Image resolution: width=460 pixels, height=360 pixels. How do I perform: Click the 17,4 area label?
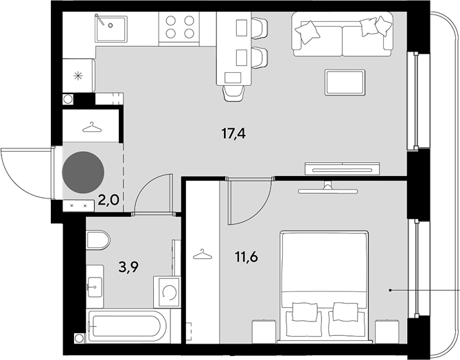[233, 134]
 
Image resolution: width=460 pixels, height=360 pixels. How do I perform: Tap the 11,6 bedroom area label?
[246, 257]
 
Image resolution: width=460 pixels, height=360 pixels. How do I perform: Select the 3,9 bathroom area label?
[128, 267]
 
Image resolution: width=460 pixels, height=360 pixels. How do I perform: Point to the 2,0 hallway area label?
[108, 201]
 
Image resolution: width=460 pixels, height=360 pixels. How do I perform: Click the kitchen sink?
[111, 28]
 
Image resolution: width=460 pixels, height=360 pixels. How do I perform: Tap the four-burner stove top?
[179, 29]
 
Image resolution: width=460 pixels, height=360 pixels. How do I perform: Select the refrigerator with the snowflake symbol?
[79, 76]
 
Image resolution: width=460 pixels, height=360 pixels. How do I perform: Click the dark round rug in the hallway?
[83, 172]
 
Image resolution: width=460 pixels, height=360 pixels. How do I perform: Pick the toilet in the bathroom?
[98, 240]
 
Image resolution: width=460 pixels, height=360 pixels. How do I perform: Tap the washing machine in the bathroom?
[167, 292]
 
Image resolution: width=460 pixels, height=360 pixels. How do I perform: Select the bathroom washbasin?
[95, 286]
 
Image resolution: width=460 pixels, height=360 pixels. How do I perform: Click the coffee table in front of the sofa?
[345, 82]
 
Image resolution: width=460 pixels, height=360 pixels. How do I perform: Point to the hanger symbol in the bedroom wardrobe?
[203, 254]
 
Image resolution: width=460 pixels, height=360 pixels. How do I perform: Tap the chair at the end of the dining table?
[233, 93]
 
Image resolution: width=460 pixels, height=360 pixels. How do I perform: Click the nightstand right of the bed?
[387, 331]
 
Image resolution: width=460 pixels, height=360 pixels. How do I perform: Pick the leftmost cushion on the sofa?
[308, 32]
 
